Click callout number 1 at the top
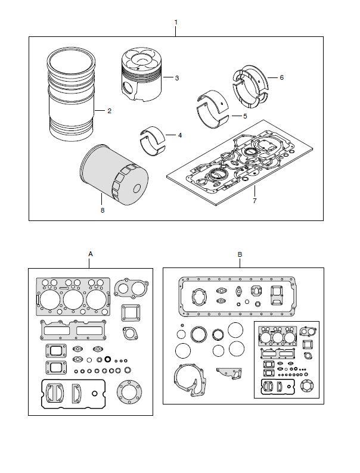(x=175, y=22)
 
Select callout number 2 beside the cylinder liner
(x=108, y=111)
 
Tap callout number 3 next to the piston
(x=177, y=78)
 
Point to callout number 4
(x=179, y=135)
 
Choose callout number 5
(x=244, y=116)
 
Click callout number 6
(x=281, y=78)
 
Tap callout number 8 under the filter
(x=102, y=210)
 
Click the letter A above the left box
(x=90, y=254)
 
